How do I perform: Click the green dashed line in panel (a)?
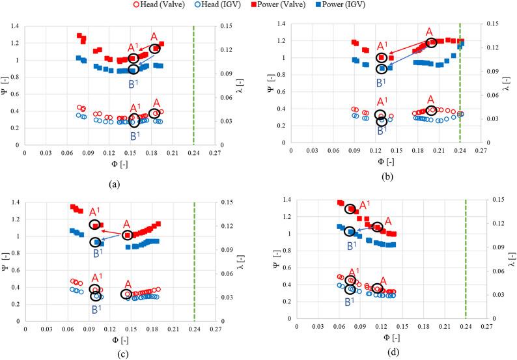point(194,85)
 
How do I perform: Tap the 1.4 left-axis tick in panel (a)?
point(14,26)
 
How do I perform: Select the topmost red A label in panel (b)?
point(429,31)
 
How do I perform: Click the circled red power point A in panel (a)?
point(155,49)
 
